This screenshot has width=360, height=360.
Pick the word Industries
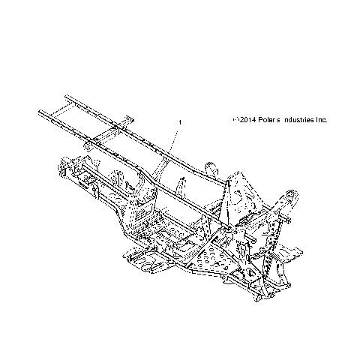pyautogui.click(x=301, y=120)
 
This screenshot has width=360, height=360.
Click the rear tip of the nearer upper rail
pyautogui.click(x=39, y=113)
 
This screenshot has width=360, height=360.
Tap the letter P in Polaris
pyautogui.click(x=260, y=120)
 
